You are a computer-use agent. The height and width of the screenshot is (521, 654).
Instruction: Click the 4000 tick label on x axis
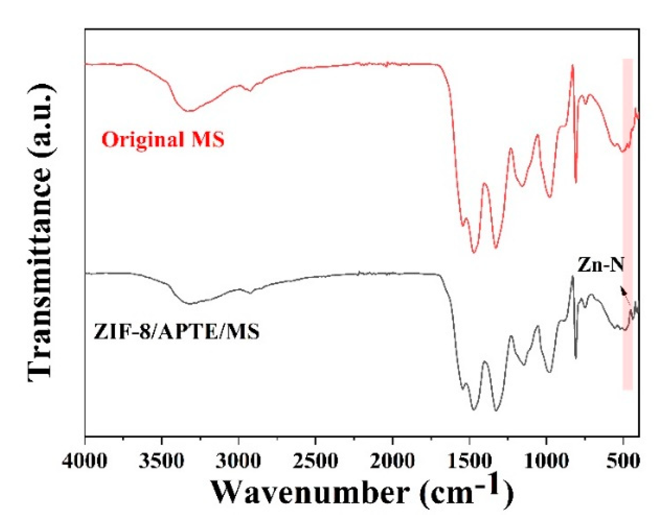pos(84,460)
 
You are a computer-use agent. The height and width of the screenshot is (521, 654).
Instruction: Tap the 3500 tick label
pos(161,460)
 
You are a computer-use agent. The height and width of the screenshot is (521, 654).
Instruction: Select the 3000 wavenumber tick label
pos(238,460)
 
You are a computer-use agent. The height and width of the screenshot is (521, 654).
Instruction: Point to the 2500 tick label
pos(315,460)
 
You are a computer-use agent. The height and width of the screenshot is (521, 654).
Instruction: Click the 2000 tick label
pos(392,460)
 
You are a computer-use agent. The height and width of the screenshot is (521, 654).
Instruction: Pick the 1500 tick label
pos(469,460)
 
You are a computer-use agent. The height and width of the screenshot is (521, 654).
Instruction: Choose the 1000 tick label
pos(546,460)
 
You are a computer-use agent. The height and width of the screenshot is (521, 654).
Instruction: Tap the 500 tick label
pos(623,460)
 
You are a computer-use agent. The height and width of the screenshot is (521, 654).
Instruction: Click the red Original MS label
pos(162,139)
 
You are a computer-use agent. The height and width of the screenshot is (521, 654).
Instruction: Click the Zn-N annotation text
pos(601,265)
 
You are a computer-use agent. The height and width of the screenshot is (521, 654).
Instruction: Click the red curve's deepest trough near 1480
pos(474,252)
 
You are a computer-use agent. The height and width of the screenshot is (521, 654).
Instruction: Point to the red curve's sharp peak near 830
pos(573,66)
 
